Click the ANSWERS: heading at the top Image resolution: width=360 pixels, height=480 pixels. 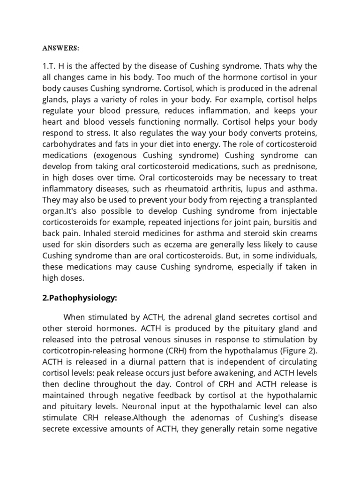point(60,47)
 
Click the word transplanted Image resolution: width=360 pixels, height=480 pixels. point(290,199)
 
